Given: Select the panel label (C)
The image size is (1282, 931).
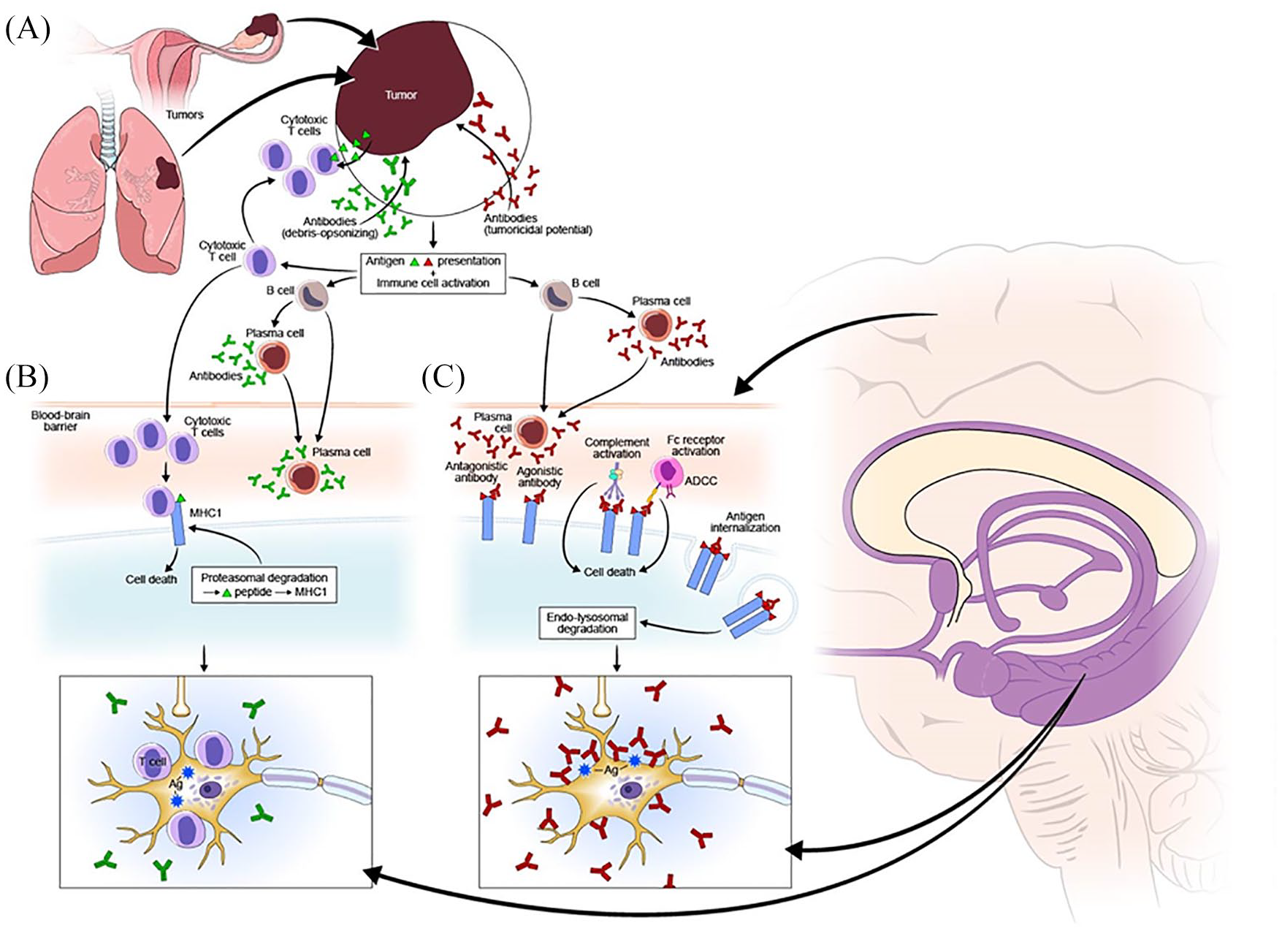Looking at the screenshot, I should tap(443, 376).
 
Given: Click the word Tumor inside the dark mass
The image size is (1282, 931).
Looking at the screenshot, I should tap(401, 95).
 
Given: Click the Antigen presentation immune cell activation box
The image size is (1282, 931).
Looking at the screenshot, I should tap(433, 272).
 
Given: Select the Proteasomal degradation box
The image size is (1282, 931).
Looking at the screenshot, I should tap(264, 584).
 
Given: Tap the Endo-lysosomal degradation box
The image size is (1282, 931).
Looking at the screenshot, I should tap(587, 623).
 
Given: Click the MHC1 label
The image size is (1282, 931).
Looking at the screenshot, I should tap(205, 514).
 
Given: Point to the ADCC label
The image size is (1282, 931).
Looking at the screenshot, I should tap(700, 481).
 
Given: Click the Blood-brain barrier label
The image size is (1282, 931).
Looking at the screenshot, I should tap(61, 420).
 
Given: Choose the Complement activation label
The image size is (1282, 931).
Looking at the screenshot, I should tap(617, 448).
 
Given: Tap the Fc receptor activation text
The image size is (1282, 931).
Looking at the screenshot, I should tap(695, 445).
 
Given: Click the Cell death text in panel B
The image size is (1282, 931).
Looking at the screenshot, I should tap(151, 579).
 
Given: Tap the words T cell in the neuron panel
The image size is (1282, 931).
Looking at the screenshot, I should tap(153, 761).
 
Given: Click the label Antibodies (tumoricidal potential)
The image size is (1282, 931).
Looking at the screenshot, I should tap(538, 224).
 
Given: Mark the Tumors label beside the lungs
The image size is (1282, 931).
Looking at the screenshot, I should tap(184, 114).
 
